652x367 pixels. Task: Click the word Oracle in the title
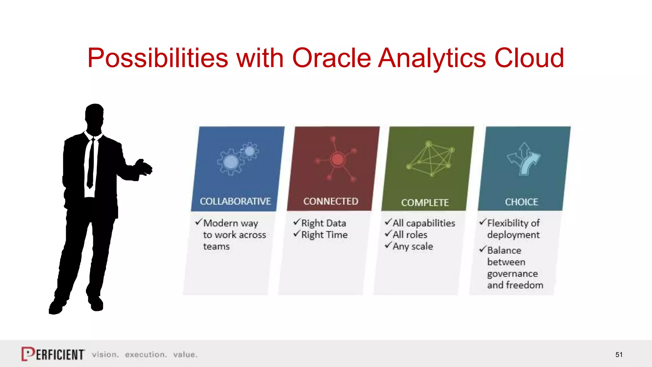click(x=331, y=58)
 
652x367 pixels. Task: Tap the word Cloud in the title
click(x=529, y=58)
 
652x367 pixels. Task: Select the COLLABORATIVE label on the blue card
click(x=235, y=201)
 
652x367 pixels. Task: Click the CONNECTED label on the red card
click(x=330, y=201)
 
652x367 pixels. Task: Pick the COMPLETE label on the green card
click(x=425, y=203)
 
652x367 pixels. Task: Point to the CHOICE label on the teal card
click(x=521, y=202)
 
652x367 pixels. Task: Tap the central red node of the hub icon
click(x=337, y=159)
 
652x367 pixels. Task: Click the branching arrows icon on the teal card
click(x=524, y=159)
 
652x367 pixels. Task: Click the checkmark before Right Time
click(x=297, y=234)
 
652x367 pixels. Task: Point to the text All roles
click(x=410, y=235)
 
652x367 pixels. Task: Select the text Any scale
click(x=413, y=247)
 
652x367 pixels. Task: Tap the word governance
click(x=512, y=274)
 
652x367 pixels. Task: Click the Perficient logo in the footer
click(x=53, y=354)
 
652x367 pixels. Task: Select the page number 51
click(x=619, y=355)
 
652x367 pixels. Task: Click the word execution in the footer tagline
click(x=146, y=355)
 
